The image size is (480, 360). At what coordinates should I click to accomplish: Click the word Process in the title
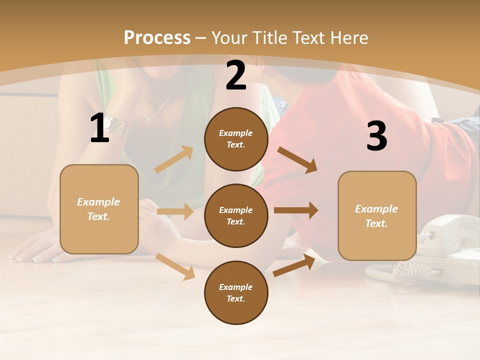tap(157, 37)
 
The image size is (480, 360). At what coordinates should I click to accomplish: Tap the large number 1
tap(99, 129)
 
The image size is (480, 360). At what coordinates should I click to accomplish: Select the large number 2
tap(236, 75)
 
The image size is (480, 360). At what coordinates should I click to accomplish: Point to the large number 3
tap(376, 136)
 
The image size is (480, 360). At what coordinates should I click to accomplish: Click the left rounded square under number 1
tap(99, 209)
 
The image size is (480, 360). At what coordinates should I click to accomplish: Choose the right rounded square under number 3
tap(377, 216)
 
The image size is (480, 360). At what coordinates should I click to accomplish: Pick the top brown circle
tap(236, 139)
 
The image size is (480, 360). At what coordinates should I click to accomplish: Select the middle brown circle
tap(236, 215)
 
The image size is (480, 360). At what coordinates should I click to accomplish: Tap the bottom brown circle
tap(236, 292)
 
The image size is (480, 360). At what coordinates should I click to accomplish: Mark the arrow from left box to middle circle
tap(175, 211)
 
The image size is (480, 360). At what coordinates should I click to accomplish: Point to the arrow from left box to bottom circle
tap(175, 266)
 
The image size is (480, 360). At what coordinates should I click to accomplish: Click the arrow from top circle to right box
tap(297, 159)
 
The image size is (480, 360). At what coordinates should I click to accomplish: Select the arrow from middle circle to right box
tap(295, 210)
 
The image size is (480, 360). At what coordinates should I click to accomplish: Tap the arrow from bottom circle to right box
tap(294, 265)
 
